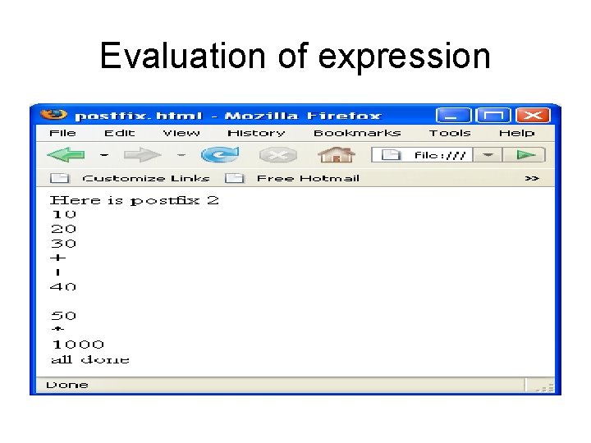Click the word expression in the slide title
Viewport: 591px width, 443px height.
(404, 57)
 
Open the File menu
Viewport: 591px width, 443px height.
(62, 133)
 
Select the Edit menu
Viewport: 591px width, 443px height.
(119, 133)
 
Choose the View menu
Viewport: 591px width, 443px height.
(181, 133)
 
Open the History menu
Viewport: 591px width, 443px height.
(256, 133)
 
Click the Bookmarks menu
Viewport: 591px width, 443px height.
(357, 133)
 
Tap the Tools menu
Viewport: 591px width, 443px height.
(450, 133)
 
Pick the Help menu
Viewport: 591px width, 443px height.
(516, 133)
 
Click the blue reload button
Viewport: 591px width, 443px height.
(219, 154)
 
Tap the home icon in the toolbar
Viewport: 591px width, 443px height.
(336, 154)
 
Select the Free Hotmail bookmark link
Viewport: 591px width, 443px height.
(307, 178)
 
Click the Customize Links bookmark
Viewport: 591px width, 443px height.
(145, 178)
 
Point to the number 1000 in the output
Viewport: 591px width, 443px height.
(78, 345)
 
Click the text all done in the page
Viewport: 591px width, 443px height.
(89, 359)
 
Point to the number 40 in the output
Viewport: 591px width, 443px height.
(63, 286)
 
